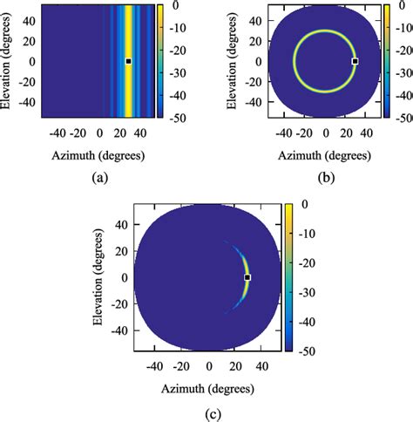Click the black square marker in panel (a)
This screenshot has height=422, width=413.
pos(128,61)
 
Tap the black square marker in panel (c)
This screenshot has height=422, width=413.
pos(247,277)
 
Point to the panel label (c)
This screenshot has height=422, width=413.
pos(207,407)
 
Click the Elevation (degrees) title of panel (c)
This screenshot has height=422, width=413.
pos(108,276)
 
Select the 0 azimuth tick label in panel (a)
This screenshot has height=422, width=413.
pos(98,134)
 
